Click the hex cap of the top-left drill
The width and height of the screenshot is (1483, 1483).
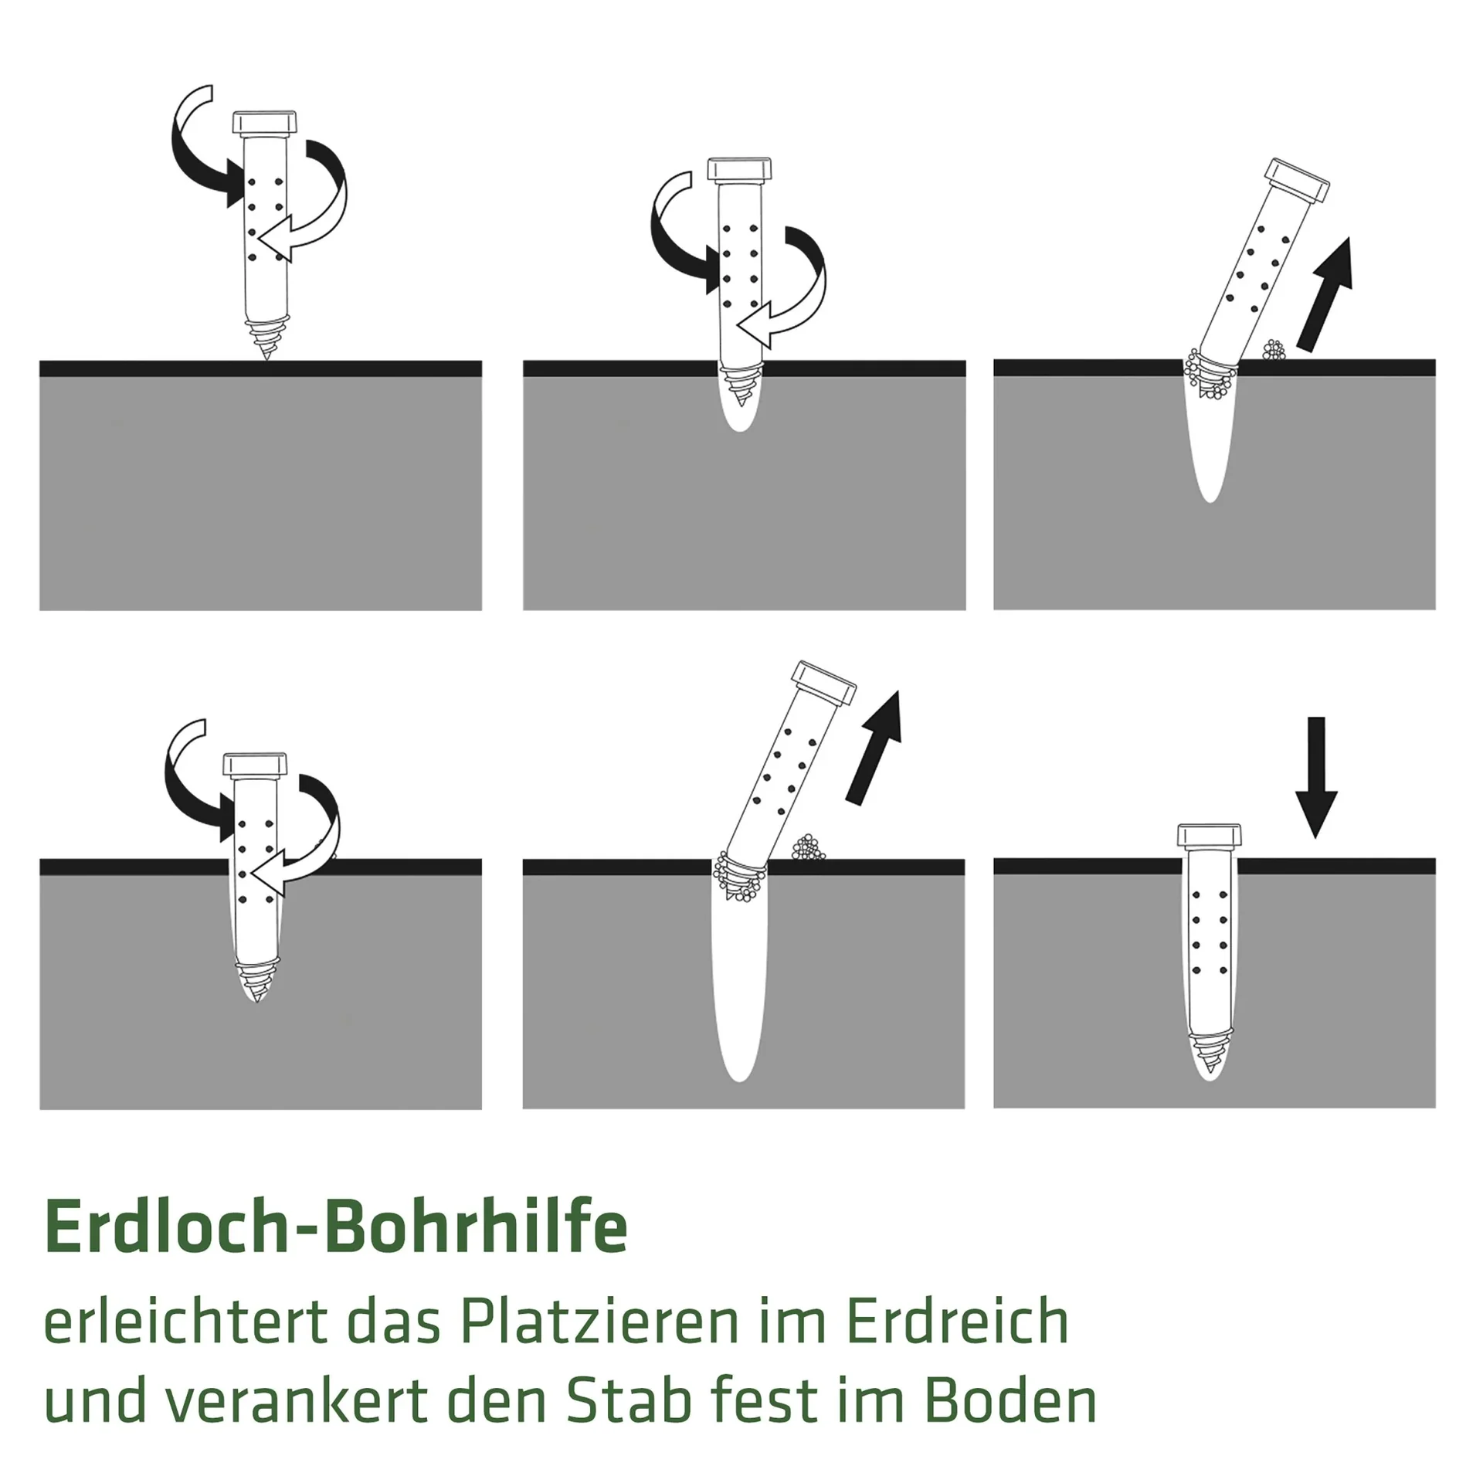265,122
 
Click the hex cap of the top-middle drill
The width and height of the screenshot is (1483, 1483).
739,169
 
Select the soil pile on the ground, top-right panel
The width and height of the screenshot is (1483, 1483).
1273,351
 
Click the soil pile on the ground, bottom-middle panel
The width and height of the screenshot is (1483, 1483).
808,848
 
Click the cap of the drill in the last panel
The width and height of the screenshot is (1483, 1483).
1209,837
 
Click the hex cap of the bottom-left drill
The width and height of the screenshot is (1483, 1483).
256,765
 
